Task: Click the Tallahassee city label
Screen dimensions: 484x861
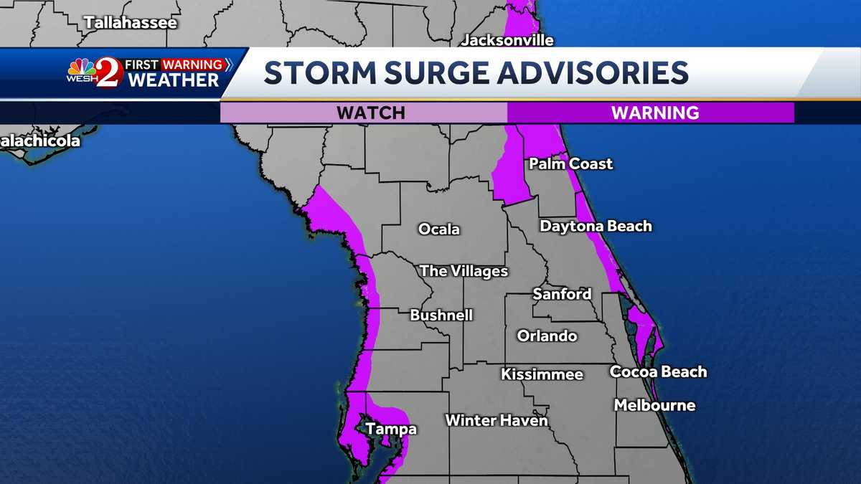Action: point(130,22)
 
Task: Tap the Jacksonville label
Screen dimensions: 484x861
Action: point(507,40)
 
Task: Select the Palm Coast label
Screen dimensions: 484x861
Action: point(571,163)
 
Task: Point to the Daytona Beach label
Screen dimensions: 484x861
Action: point(596,226)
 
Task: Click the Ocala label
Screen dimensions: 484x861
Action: point(439,229)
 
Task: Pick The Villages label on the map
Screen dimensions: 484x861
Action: point(464,271)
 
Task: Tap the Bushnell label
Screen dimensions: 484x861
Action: point(441,315)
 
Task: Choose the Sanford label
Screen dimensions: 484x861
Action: point(562,293)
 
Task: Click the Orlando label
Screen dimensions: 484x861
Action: point(547,336)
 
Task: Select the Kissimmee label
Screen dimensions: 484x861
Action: point(542,374)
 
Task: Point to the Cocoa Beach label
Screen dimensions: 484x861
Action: point(658,371)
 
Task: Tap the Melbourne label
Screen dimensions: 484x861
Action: point(654,405)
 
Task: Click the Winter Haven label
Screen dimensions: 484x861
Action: point(497,420)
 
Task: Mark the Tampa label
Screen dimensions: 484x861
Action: point(391,430)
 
